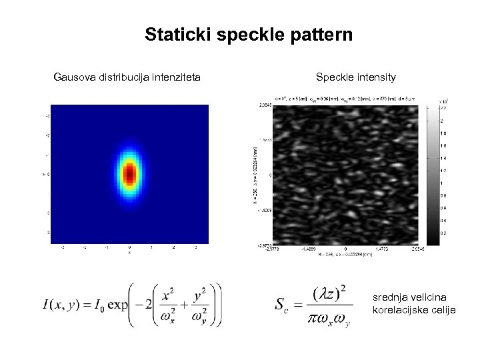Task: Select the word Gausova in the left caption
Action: (x=75, y=78)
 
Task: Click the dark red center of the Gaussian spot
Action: (x=129, y=174)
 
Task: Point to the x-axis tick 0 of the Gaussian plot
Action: (x=129, y=247)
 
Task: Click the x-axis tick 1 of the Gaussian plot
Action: (x=151, y=247)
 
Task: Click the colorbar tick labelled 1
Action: (x=441, y=183)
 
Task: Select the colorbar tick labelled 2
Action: (x=441, y=121)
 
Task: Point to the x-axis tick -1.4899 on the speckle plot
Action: (x=307, y=247)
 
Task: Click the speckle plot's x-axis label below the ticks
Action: (x=343, y=253)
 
